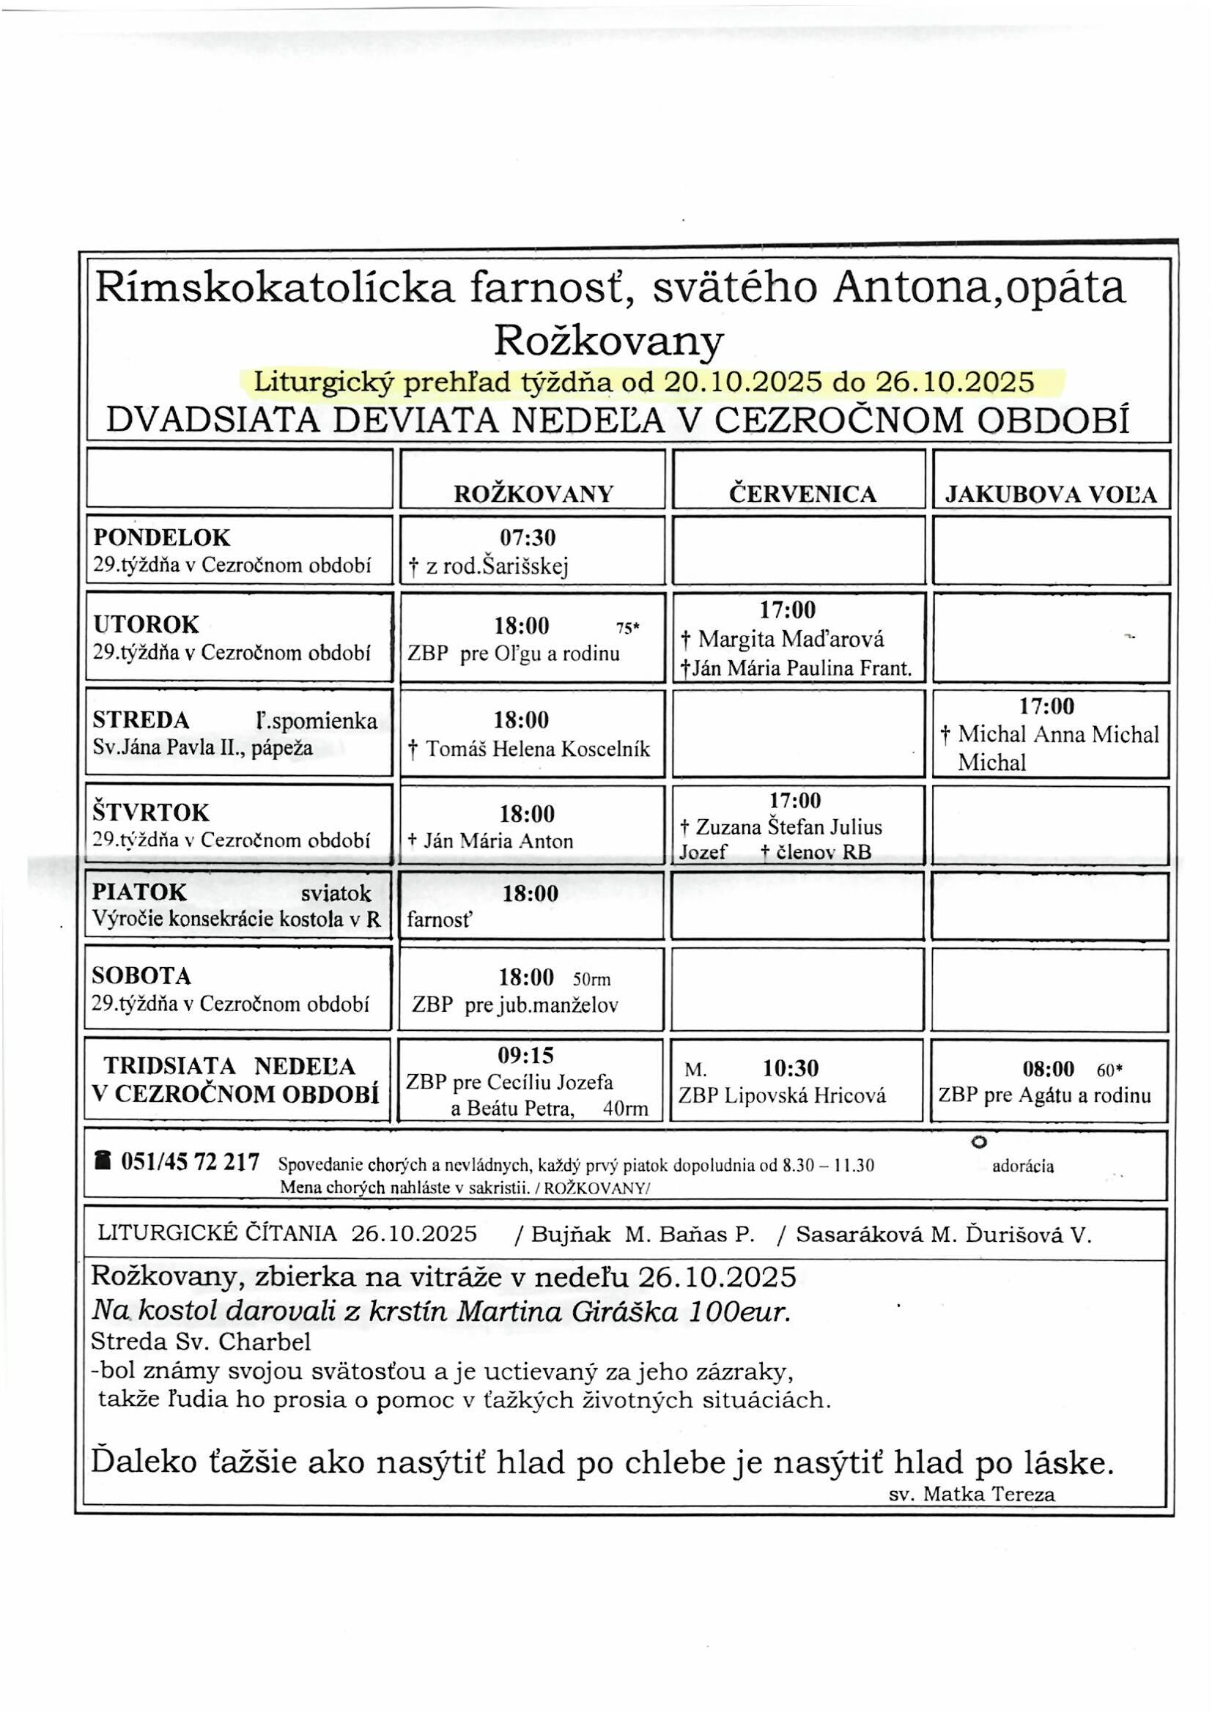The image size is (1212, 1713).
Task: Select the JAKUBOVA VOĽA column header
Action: pyautogui.click(x=1051, y=495)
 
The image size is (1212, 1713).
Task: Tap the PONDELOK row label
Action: pyautogui.click(x=161, y=537)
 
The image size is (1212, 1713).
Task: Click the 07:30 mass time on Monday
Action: pyautogui.click(x=528, y=537)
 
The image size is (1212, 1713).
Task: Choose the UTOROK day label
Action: pyautogui.click(x=146, y=624)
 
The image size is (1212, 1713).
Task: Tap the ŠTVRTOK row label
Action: pyautogui.click(x=151, y=812)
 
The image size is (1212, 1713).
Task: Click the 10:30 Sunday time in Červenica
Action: pyautogui.click(x=791, y=1068)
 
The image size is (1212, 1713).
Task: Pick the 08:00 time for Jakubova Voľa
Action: pyautogui.click(x=1048, y=1069)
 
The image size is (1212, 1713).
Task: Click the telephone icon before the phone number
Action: pyautogui.click(x=103, y=1161)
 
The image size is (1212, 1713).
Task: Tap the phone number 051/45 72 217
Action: pyautogui.click(x=190, y=1161)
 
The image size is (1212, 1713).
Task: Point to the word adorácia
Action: pyautogui.click(x=1022, y=1167)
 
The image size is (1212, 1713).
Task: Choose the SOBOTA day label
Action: pyautogui.click(x=142, y=976)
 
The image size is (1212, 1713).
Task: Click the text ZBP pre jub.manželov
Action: pyautogui.click(x=516, y=1005)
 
